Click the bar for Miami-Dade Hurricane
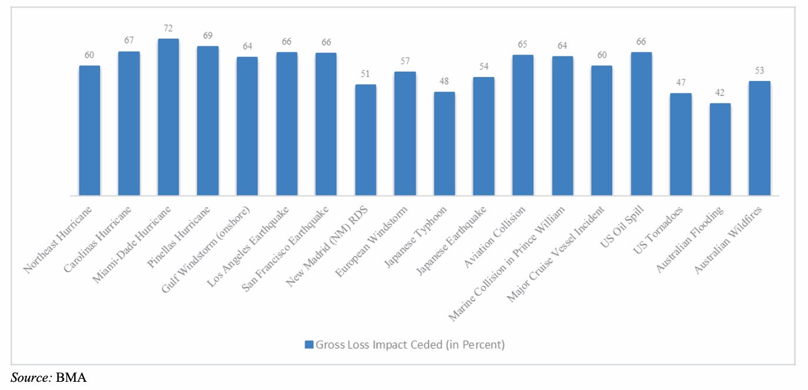click(168, 117)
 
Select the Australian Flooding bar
click(720, 150)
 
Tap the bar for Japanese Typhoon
click(444, 144)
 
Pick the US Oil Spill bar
click(641, 124)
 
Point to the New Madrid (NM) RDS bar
click(365, 140)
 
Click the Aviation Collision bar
click(523, 125)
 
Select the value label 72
click(168, 29)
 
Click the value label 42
click(720, 93)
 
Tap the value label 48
click(444, 81)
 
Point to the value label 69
click(208, 36)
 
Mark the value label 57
click(405, 61)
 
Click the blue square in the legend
click(309, 345)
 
